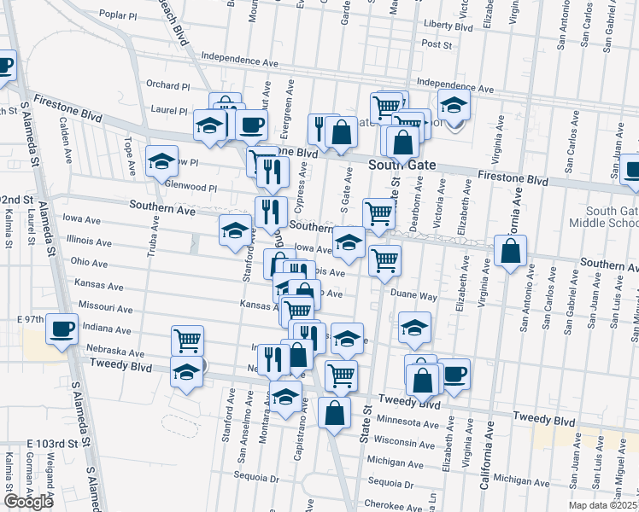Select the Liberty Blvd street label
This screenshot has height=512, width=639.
click(448, 26)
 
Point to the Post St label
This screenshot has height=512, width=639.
click(436, 44)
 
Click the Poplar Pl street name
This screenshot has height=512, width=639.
click(118, 15)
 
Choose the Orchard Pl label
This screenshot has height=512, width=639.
click(167, 85)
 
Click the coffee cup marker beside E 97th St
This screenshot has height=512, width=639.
click(62, 329)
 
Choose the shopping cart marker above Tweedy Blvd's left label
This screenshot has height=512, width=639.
click(187, 340)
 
